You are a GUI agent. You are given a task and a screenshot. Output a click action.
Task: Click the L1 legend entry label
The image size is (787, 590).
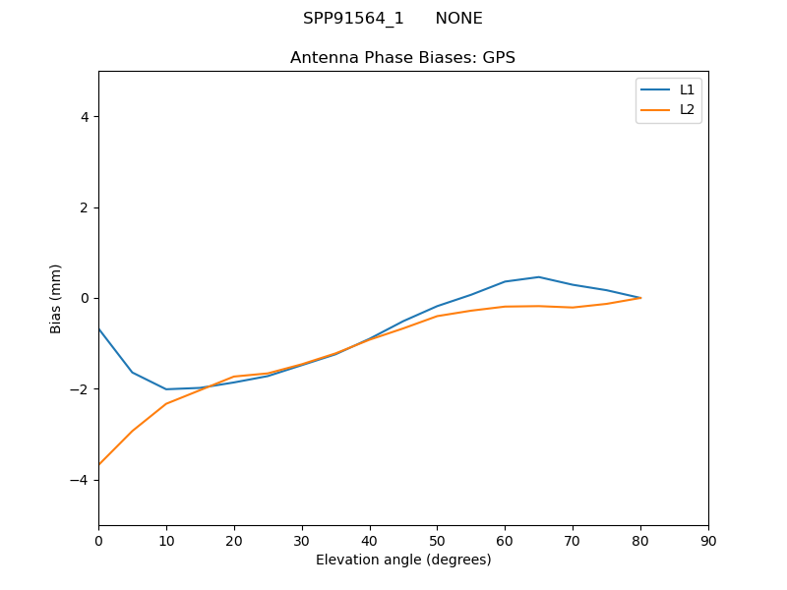pyautogui.click(x=687, y=89)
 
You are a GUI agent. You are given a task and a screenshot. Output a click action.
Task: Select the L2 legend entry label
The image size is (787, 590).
pyautogui.click(x=687, y=109)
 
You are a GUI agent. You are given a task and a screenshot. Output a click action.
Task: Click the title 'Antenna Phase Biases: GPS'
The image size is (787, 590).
pyautogui.click(x=402, y=58)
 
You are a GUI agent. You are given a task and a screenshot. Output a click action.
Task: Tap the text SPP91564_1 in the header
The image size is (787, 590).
pyautogui.click(x=353, y=19)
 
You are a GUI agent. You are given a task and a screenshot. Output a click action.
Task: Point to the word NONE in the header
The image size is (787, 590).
pyautogui.click(x=458, y=19)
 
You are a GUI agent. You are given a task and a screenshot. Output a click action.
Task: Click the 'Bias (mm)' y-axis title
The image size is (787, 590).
pyautogui.click(x=56, y=298)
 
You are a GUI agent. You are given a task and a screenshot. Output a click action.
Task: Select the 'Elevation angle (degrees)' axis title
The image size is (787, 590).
pyautogui.click(x=403, y=560)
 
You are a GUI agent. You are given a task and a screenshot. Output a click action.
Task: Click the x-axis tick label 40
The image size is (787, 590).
pyautogui.click(x=369, y=540)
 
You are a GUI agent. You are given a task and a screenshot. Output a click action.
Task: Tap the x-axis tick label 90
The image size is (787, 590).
pyautogui.click(x=708, y=540)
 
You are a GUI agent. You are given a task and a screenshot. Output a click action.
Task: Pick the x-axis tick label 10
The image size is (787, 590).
pyautogui.click(x=166, y=540)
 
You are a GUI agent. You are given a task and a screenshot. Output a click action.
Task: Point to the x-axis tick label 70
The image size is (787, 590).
pyautogui.click(x=573, y=540)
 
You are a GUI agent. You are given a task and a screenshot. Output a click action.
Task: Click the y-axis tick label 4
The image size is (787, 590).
pyautogui.click(x=85, y=117)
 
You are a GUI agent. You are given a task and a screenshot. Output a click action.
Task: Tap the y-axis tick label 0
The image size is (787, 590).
pyautogui.click(x=85, y=298)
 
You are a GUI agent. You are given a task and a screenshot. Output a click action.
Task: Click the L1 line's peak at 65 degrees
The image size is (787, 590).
pyautogui.click(x=539, y=277)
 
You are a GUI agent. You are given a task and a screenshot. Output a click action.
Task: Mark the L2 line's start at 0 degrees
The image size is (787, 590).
pyautogui.click(x=98, y=465)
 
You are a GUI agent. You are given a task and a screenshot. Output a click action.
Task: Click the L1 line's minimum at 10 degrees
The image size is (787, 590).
pyautogui.click(x=166, y=389)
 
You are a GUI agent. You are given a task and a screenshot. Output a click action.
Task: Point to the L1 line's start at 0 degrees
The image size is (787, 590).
pyautogui.click(x=98, y=328)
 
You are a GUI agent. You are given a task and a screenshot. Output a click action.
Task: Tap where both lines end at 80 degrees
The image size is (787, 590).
pyautogui.click(x=640, y=298)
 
